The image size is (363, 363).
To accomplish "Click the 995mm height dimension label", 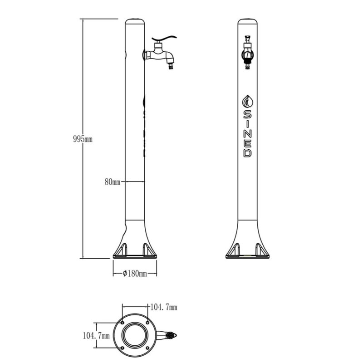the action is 83,139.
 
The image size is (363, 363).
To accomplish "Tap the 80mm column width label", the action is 113,182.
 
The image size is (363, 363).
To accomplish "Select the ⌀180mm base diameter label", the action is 135,274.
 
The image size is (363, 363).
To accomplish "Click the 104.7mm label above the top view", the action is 164,307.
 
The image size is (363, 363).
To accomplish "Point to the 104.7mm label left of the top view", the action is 96,335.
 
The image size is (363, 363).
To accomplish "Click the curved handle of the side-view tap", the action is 164,39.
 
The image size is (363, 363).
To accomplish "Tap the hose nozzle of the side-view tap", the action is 171,66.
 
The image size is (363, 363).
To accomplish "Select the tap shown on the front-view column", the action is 247,52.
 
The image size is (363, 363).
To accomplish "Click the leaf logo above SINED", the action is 247,101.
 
